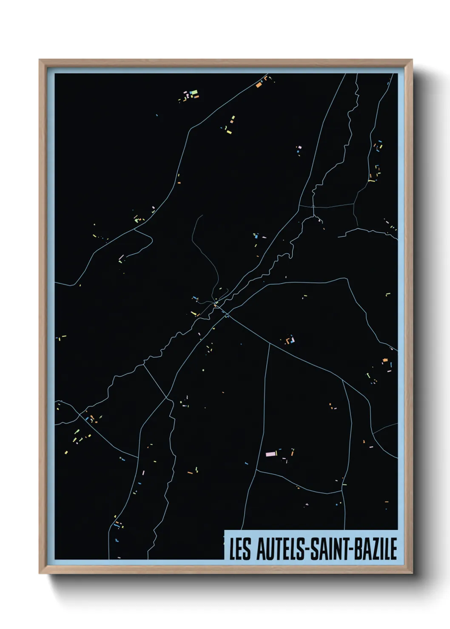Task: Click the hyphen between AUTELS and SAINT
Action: click(x=307, y=550)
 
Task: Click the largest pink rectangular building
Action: click(x=271, y=454)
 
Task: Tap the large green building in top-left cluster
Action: click(x=194, y=92)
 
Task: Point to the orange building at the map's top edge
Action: click(x=258, y=85)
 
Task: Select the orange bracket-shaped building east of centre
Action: click(x=290, y=340)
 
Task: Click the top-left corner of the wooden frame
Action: click(x=40, y=60)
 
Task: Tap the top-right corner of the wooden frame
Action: click(x=412, y=60)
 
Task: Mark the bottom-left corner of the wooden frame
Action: click(x=40, y=573)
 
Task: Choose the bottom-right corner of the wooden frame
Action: click(x=412, y=573)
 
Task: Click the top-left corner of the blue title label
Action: click(x=225, y=530)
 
